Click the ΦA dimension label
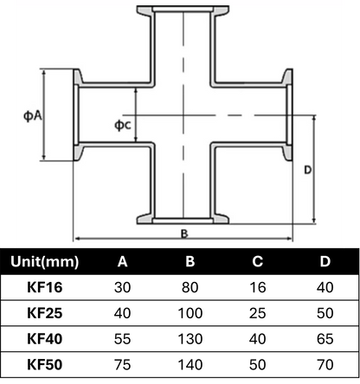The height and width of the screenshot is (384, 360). pos(33,116)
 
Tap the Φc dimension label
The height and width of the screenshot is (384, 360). pos(123,125)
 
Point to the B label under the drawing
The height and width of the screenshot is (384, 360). pos(184,234)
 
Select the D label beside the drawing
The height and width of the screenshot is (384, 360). pos(308,170)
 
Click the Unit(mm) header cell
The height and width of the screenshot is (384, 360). pos(45,261)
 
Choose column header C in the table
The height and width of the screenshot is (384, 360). pos(258,261)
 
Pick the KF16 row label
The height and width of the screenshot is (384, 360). pos(45,287)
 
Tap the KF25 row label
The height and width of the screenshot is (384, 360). pos(45,313)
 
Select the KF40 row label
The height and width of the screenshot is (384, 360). pos(45,338)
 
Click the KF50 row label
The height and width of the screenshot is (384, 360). pos(45,364)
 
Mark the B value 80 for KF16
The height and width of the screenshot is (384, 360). pos(190,287)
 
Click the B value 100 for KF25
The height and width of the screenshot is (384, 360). pos(190,313)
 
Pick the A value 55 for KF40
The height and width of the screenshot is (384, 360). pos(122,338)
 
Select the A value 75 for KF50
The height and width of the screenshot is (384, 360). pos(122,364)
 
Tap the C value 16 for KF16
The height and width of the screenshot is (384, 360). pos(258,287)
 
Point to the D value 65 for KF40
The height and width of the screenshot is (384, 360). pos(325,338)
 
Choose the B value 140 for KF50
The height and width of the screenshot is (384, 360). pos(190,364)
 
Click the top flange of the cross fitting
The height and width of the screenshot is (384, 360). pos(183,10)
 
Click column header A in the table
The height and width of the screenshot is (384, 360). pos(122,261)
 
